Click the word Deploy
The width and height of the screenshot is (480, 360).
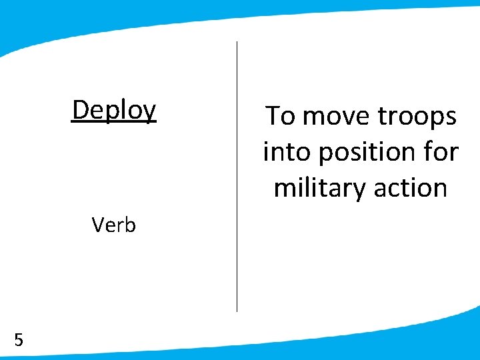pos(114,110)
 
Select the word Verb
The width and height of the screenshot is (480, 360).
pos(114,225)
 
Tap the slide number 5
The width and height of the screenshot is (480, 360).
pos(19,341)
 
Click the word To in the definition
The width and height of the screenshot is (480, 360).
pos(281,116)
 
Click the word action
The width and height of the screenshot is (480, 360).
pos(410,188)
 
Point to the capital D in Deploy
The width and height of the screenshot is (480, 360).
pos(80,109)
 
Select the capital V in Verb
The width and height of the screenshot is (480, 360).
pos(98,225)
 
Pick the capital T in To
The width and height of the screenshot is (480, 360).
pos(273,116)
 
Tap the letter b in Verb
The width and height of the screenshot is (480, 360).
pos(130,225)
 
